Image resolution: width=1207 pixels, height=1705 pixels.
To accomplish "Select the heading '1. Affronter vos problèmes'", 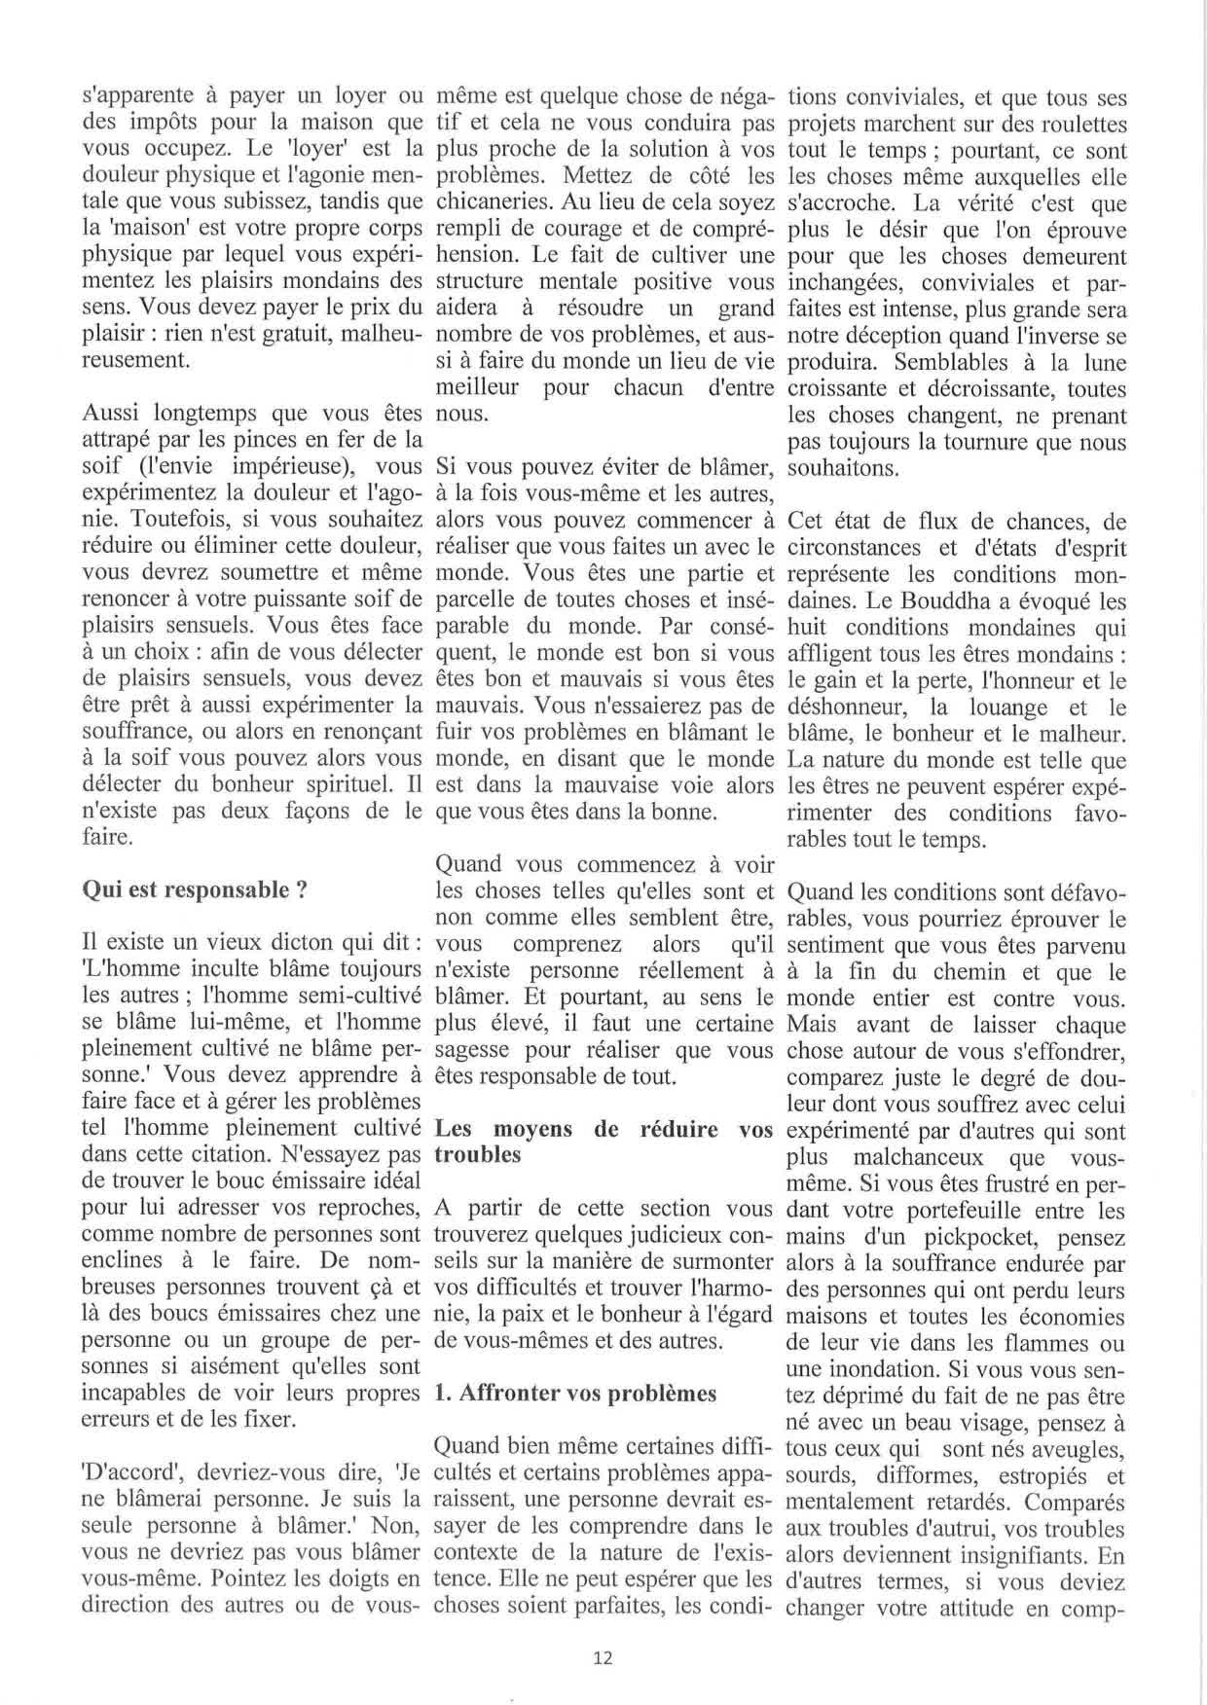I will coord(574,1393).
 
